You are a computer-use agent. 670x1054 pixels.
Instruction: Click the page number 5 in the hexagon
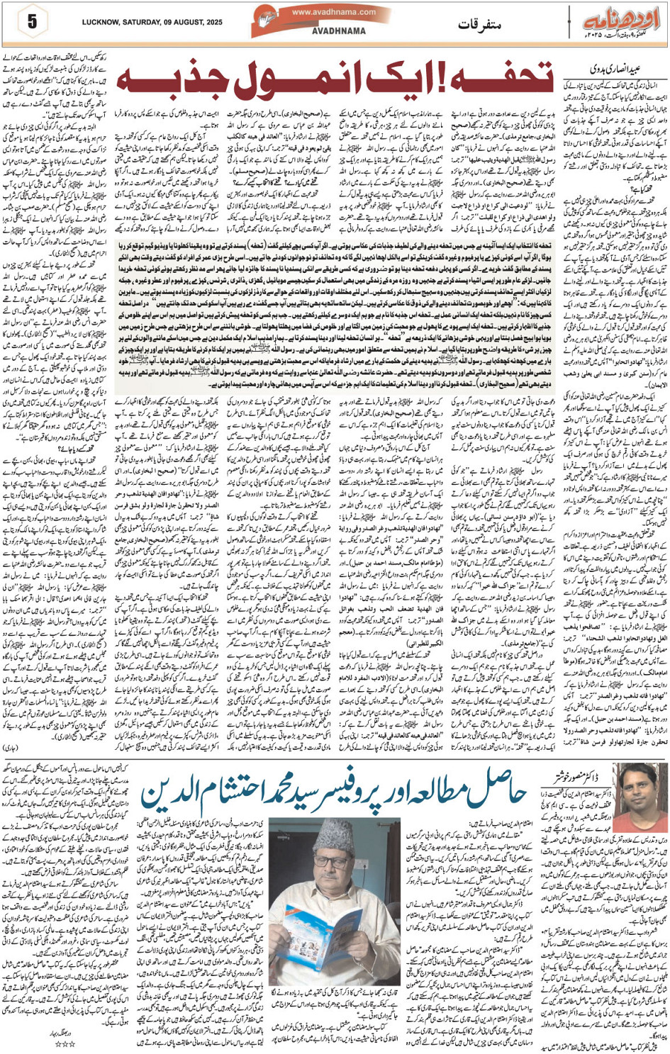32,22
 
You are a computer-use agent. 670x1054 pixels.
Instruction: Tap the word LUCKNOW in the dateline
101,23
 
